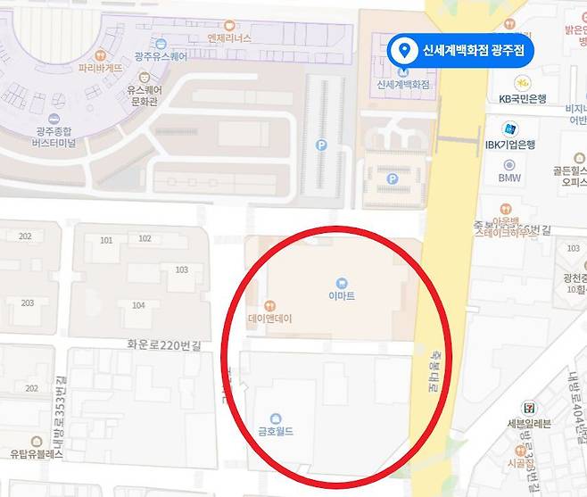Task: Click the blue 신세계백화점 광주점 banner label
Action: [473, 49]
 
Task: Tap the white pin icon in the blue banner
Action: [404, 50]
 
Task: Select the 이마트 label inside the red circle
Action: [341, 295]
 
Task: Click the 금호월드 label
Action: [276, 432]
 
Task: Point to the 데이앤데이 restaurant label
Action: [270, 319]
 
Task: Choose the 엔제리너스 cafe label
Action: [229, 38]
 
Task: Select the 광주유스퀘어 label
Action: [161, 56]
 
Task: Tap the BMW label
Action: [509, 178]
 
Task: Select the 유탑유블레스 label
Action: [37, 454]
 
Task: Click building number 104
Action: [138, 305]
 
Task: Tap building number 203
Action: [27, 302]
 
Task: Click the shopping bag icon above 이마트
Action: [341, 283]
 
